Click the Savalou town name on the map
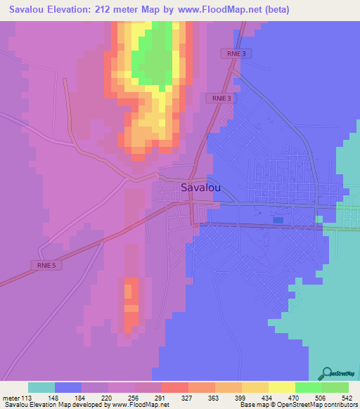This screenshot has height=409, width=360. [202, 188]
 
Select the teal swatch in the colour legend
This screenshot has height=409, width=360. [41, 387]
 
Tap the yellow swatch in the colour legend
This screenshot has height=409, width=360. [282, 387]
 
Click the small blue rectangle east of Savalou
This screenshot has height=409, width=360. [278, 221]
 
